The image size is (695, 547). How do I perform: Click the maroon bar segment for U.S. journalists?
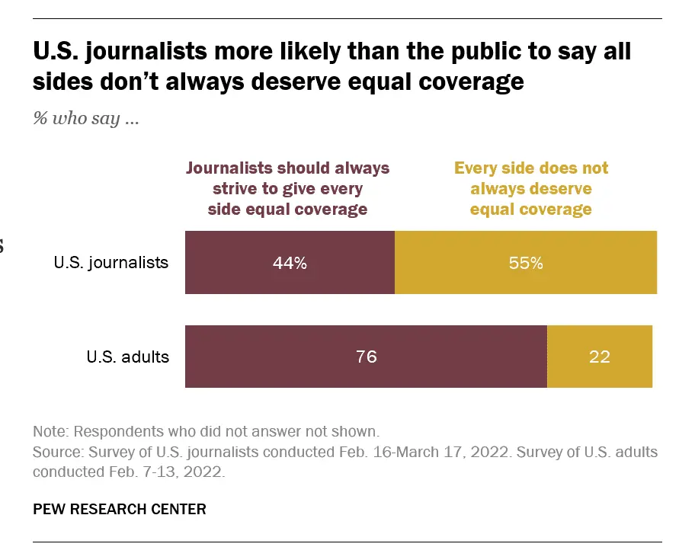click(x=290, y=263)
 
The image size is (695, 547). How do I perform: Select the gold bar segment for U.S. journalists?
click(x=526, y=263)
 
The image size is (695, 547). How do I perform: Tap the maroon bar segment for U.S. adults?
click(x=366, y=357)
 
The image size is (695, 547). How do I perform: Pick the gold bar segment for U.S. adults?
click(x=600, y=357)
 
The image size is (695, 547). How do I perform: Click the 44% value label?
click(x=290, y=264)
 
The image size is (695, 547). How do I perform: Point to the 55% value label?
click(x=526, y=264)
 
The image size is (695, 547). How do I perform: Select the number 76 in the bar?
click(x=367, y=357)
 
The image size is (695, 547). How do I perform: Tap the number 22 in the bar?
click(x=600, y=357)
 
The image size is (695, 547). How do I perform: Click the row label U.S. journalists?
click(x=111, y=264)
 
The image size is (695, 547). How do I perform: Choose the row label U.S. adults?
click(x=128, y=357)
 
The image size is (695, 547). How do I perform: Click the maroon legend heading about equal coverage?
click(x=288, y=188)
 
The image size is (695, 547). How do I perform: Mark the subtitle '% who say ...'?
click(x=85, y=120)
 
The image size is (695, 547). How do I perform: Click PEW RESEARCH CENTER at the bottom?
click(x=120, y=509)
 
